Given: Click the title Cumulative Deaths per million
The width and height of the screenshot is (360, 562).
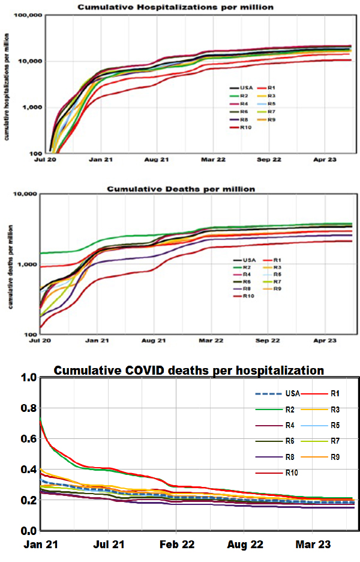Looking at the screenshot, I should coord(181,189).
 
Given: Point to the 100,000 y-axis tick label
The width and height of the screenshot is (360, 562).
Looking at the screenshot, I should coord(28,14).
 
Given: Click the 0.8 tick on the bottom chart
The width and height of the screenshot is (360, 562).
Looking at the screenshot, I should coord(29,408).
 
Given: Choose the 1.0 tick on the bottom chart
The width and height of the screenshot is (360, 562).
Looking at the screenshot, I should coord(29,378).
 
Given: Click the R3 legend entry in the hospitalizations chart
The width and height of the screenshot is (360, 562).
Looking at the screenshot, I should coord(271,95).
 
